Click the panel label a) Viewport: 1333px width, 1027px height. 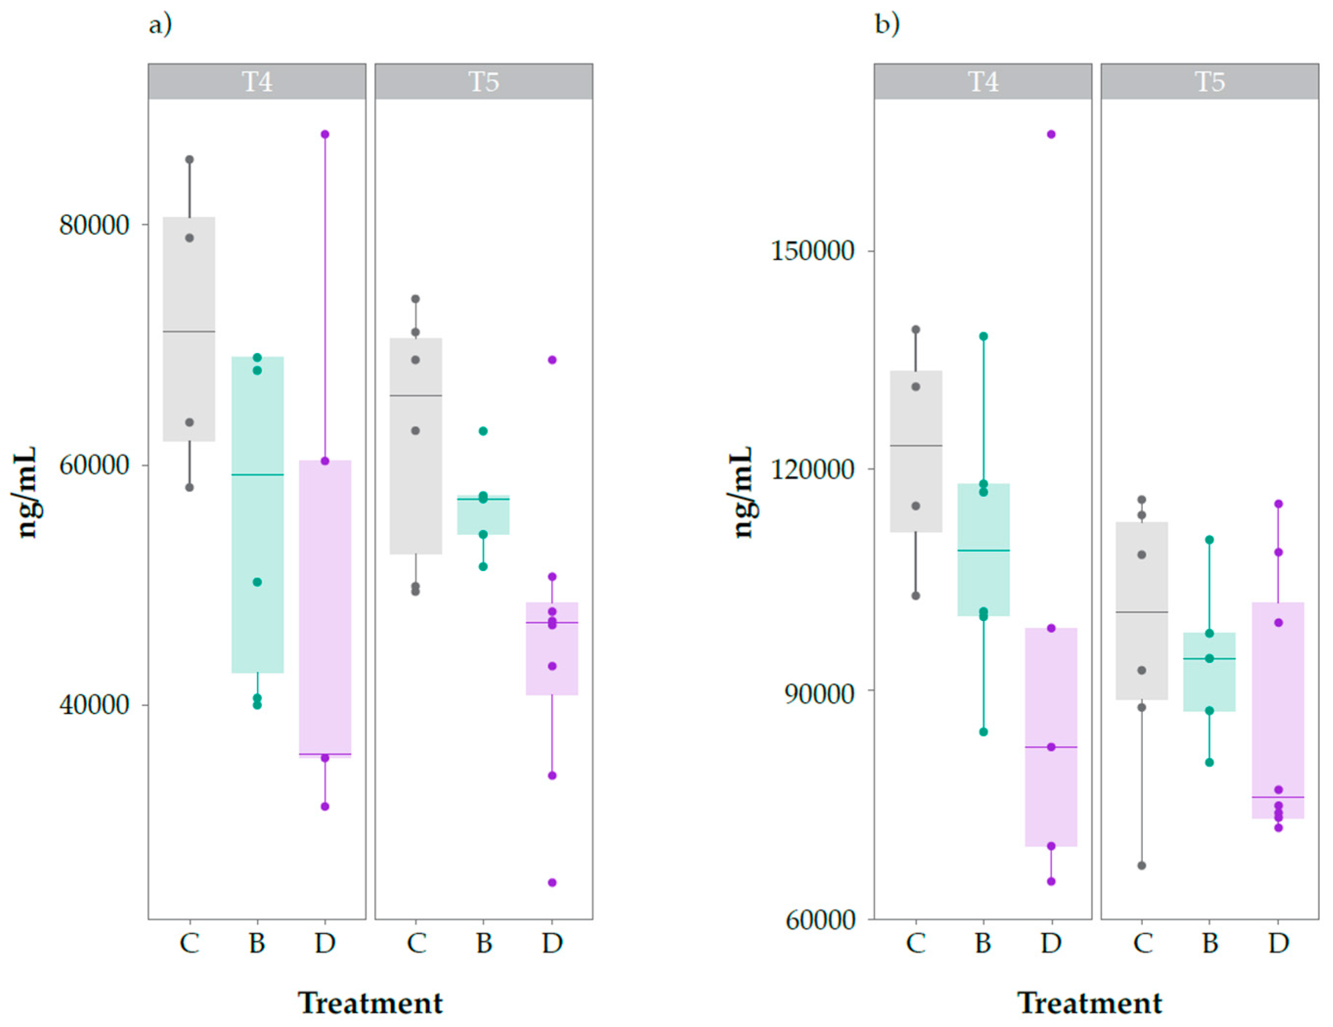160,25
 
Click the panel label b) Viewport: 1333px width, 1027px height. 887,25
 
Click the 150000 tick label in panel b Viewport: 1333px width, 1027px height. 812,251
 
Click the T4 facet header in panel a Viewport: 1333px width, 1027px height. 257,82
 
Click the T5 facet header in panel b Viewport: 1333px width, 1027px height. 1209,82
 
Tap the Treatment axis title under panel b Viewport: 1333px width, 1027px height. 1090,1003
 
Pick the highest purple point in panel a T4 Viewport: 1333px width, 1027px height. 325,134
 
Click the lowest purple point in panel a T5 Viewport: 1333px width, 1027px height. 552,882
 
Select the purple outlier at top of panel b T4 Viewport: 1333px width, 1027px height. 1051,134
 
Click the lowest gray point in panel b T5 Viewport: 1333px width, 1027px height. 1141,865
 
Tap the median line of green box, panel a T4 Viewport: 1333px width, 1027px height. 257,475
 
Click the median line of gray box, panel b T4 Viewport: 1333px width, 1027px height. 916,446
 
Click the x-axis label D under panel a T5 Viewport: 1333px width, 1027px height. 552,943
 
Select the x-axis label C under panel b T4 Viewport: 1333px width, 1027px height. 916,943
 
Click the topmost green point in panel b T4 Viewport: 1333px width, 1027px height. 983,336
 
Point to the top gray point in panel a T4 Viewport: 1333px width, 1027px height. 190,159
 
